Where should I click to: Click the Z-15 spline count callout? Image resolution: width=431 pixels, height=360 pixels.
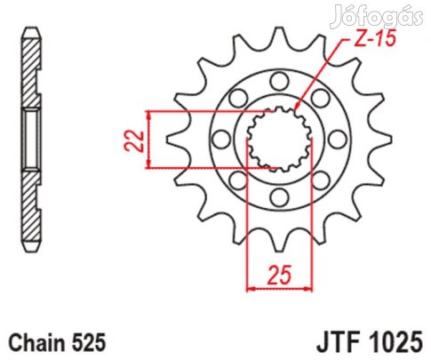375,39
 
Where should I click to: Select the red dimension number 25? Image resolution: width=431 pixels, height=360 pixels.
280,275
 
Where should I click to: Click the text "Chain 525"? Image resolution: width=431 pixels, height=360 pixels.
57,342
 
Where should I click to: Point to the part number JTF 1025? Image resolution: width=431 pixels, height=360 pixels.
370,342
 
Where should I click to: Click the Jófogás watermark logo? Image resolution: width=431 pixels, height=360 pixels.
377,16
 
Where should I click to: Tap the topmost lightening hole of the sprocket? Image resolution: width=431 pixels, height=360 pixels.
279,81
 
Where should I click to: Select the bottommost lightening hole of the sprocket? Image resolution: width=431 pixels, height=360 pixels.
279,197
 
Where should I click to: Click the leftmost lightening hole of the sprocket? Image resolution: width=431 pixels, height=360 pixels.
221,140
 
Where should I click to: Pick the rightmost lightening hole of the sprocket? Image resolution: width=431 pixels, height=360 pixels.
338,140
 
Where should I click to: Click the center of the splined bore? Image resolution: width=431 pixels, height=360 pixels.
279,140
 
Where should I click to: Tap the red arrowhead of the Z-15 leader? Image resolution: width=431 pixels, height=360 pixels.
297,107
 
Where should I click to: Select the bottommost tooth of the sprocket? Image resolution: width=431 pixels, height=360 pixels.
279,242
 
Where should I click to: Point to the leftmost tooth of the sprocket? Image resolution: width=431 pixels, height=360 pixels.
177,140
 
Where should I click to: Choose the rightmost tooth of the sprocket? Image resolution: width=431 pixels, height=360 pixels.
381,140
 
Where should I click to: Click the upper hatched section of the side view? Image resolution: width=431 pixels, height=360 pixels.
30,73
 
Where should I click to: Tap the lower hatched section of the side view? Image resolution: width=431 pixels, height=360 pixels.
30,206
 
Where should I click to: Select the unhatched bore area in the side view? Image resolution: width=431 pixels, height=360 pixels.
31,140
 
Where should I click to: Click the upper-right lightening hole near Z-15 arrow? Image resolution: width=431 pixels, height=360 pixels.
321,98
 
